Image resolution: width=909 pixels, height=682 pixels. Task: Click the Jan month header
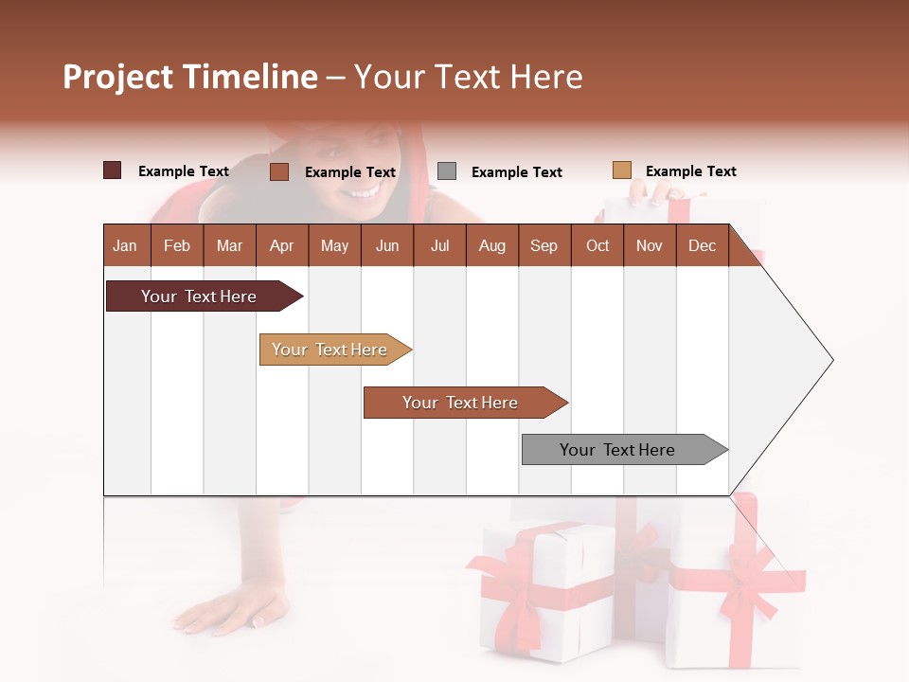click(125, 246)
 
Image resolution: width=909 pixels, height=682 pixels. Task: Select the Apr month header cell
click(281, 246)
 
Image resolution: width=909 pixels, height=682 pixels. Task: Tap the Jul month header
click(439, 246)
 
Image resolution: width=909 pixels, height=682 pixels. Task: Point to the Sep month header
click(544, 246)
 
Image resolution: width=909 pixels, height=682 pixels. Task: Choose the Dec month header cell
click(702, 246)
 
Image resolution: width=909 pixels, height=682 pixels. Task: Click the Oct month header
click(597, 246)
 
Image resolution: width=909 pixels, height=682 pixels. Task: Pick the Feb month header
click(177, 246)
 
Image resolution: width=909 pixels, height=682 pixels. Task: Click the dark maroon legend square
click(113, 170)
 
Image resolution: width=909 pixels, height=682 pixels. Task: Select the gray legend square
click(447, 170)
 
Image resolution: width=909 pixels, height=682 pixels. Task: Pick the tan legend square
click(621, 170)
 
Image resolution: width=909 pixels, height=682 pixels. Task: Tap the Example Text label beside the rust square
click(349, 172)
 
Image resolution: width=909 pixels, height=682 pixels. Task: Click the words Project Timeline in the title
click(189, 77)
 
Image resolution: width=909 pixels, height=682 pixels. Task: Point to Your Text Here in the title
click(469, 77)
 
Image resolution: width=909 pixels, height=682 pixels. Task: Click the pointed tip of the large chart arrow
click(830, 360)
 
